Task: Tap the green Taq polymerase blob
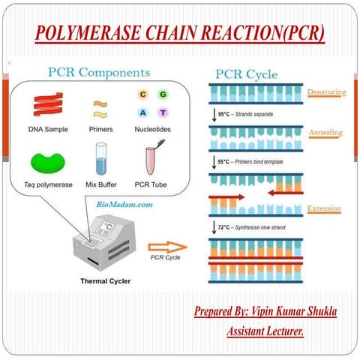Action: pyautogui.click(x=47, y=160)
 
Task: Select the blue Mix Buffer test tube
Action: pyautogui.click(x=101, y=158)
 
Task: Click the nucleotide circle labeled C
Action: pyautogui.click(x=142, y=94)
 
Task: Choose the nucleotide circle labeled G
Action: pyautogui.click(x=163, y=94)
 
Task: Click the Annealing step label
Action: pyautogui.click(x=325, y=133)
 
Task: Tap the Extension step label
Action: pyautogui.click(x=325, y=208)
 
